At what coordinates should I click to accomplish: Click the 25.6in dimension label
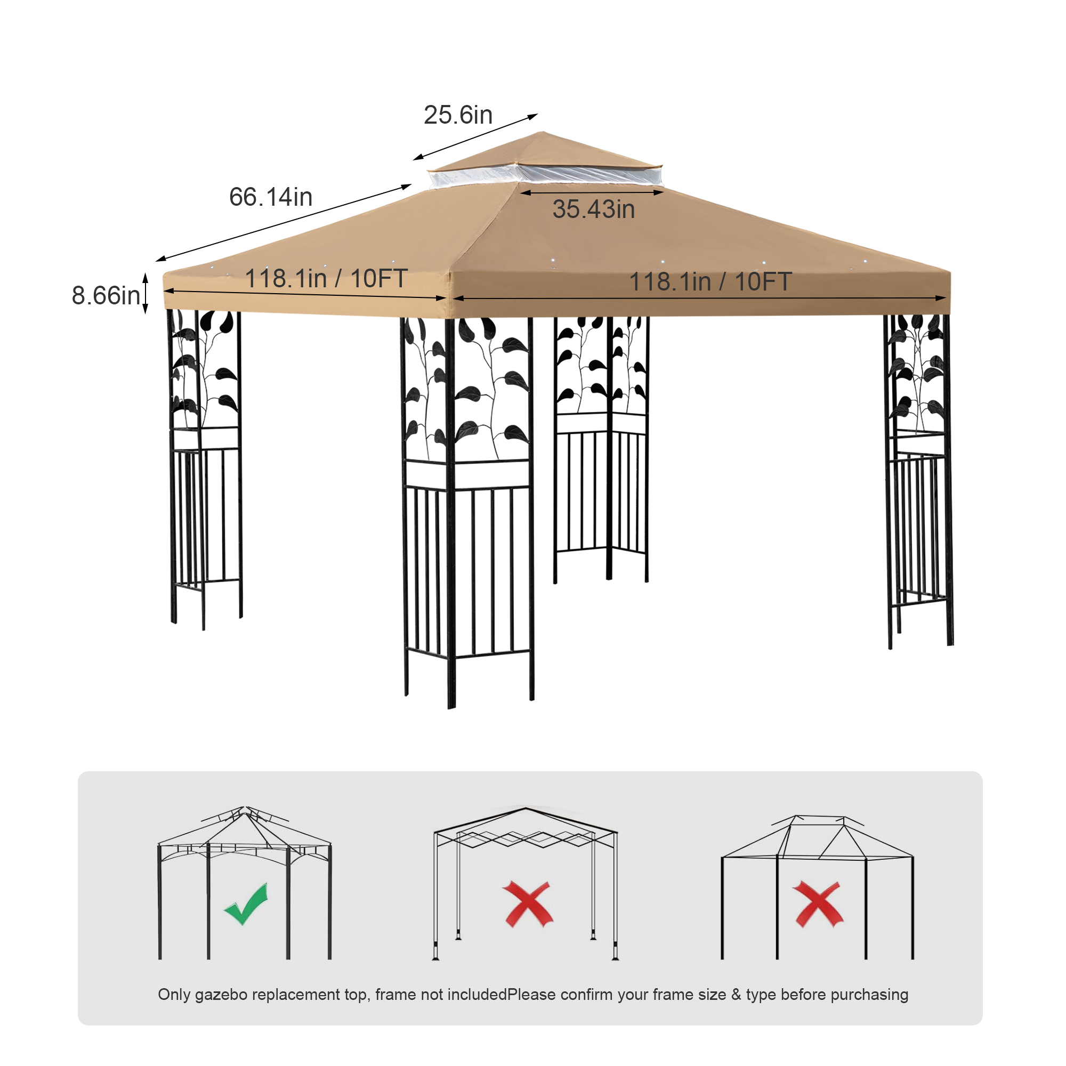[x=458, y=115]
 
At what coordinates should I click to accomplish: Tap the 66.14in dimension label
[x=271, y=197]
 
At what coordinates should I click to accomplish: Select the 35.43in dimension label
[x=594, y=209]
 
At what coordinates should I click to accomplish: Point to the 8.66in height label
[x=106, y=295]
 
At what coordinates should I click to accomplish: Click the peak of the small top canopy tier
[x=542, y=132]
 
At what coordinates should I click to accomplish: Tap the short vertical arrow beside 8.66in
[x=146, y=293]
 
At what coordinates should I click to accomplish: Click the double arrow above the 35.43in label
[x=592, y=192]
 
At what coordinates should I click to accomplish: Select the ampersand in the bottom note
[x=736, y=994]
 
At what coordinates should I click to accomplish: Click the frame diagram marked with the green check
[x=245, y=882]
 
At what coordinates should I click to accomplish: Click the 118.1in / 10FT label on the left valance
[x=326, y=279]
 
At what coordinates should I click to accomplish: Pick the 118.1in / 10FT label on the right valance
[x=710, y=281]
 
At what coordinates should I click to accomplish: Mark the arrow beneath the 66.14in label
[x=284, y=223]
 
